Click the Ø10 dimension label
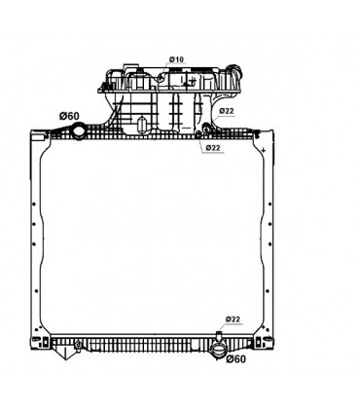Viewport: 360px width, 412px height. coord(176,59)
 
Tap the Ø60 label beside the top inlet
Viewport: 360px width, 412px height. coord(69,116)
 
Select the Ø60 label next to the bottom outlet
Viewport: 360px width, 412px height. coord(236,359)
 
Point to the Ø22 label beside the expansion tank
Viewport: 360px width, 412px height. coord(227,111)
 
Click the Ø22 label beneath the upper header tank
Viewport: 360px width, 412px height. coord(213,148)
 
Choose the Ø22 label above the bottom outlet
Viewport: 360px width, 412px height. coord(233,319)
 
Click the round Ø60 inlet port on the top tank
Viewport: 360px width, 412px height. coord(79,132)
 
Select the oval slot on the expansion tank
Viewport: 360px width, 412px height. coord(141,126)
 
